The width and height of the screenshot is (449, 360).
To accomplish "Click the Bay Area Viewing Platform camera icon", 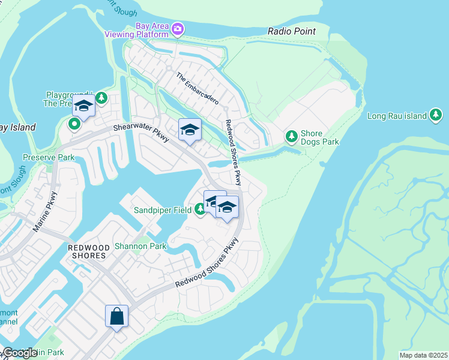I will [177, 28].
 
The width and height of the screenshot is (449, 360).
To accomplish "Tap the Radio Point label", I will [291, 31].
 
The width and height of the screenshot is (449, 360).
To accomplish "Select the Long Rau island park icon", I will [436, 115].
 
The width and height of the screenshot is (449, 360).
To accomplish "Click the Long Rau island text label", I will [397, 116].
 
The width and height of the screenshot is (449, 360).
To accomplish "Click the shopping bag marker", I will [116, 316].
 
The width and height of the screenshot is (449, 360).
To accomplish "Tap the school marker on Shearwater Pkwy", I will [190, 130].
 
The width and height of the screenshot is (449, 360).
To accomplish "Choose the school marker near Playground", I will [83, 107].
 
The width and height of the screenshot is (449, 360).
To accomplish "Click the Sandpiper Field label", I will [163, 210].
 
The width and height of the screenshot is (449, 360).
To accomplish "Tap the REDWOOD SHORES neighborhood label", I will [88, 251].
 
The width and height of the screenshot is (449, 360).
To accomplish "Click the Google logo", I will [19, 353].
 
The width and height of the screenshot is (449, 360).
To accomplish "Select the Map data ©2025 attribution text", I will [423, 355].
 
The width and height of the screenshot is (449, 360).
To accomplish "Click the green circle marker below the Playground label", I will [74, 124].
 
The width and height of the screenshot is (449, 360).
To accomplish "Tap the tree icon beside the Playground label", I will [101, 97].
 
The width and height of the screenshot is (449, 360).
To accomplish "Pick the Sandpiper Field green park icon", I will [200, 209].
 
